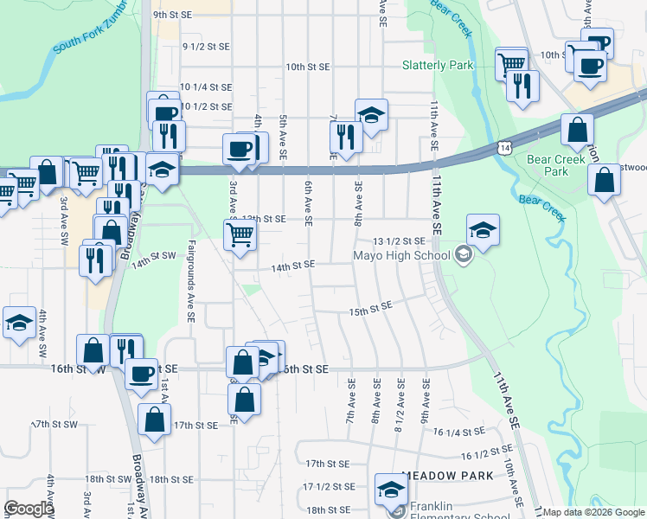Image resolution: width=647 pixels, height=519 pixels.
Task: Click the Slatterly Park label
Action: click(438, 65)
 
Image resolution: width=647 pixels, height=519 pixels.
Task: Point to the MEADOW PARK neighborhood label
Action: click(447, 476)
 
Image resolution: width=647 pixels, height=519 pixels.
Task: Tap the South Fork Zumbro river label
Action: click(91, 35)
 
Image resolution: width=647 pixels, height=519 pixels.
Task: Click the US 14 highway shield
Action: click(504, 148)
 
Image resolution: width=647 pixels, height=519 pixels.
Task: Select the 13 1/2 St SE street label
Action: click(399, 240)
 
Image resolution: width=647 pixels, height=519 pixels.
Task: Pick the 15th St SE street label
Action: click(370, 309)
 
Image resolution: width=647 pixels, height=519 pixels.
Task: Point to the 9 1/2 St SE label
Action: click(206, 46)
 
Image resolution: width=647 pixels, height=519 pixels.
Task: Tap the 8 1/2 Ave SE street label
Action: click(400, 405)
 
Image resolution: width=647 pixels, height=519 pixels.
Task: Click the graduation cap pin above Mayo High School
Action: click(483, 229)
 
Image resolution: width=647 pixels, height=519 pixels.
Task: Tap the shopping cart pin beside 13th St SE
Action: click(241, 233)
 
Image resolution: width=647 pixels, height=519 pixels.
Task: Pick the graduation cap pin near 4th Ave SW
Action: click(19, 323)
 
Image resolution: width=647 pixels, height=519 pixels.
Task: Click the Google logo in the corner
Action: click(29, 509)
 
